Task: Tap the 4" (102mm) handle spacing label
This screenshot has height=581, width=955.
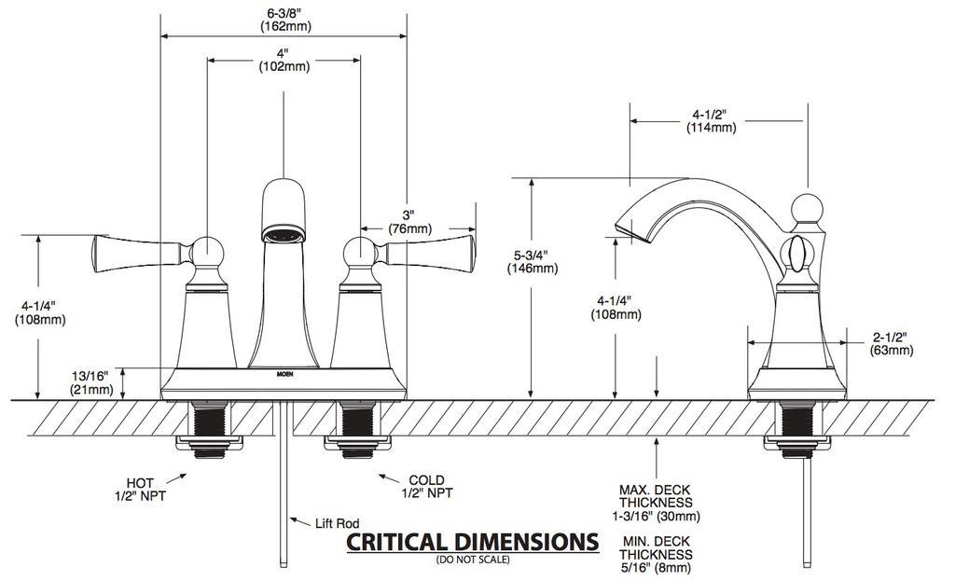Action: [284, 60]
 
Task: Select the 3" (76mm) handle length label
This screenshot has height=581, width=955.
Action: [409, 222]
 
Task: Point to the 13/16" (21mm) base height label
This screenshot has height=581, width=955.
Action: [91, 382]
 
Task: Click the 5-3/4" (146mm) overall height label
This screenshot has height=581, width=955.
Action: [533, 261]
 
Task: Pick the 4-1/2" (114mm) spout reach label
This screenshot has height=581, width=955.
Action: [711, 121]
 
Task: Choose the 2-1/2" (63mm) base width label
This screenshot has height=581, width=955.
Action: [891, 343]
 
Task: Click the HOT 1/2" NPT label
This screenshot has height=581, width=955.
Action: [140, 490]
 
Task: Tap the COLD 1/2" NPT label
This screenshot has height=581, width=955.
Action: [427, 486]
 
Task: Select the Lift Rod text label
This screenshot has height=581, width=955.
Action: [338, 523]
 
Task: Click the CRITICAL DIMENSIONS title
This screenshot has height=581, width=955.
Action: [473, 541]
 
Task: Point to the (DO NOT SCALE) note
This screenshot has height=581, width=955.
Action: [473, 559]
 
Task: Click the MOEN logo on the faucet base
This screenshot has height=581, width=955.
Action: [285, 374]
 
